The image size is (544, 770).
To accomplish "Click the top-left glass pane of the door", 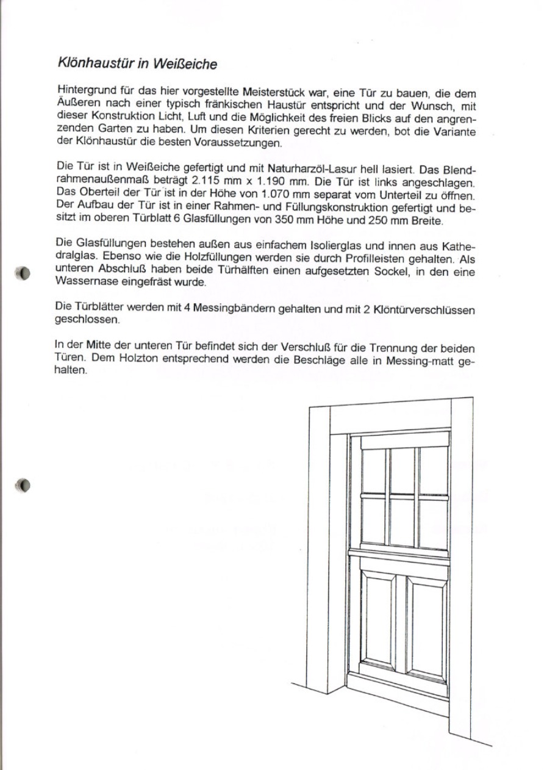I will (374, 470).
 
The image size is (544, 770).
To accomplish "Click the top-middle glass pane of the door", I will (402, 471).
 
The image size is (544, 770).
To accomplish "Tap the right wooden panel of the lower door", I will (427, 628).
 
